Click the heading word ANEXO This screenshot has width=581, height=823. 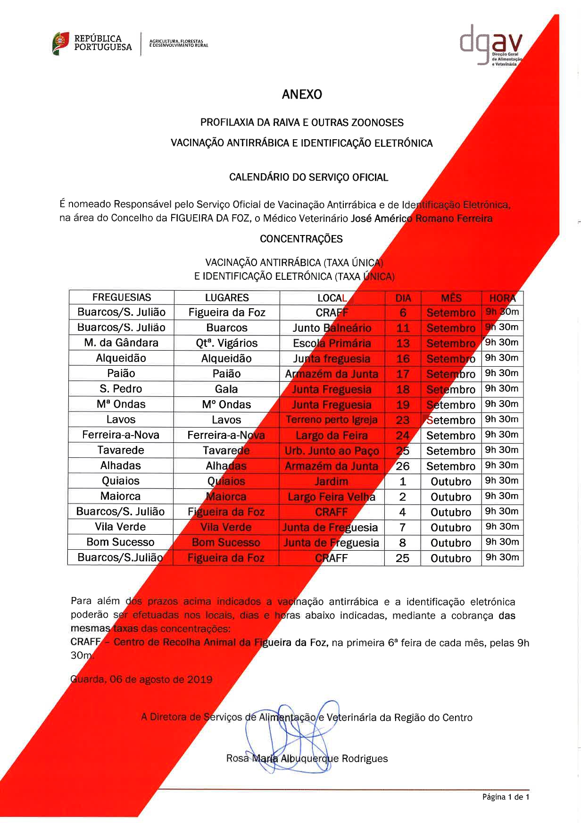[x=302, y=94]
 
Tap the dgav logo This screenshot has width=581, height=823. [x=490, y=45]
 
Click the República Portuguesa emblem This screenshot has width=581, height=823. [x=61, y=43]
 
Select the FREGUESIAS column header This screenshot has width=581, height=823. [x=122, y=297]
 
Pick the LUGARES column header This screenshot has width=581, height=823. [x=227, y=298]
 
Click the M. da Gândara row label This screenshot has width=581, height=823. [x=121, y=343]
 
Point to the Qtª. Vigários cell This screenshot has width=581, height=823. [x=227, y=343]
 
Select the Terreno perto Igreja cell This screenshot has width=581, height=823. [x=332, y=420]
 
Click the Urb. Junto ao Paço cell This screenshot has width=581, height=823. [x=332, y=451]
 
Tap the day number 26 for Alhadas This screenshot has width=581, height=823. [x=403, y=466]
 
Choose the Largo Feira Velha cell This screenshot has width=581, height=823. [x=332, y=497]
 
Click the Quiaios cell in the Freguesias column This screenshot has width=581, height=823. [x=121, y=481]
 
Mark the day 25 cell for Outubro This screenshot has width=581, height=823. [x=403, y=558]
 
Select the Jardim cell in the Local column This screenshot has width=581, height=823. [x=332, y=481]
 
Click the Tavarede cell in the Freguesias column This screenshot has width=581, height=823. [x=121, y=450]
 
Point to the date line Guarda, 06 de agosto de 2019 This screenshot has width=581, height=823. [x=141, y=680]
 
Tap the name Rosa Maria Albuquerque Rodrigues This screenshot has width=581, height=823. [x=307, y=758]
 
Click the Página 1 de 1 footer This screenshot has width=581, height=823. [x=506, y=797]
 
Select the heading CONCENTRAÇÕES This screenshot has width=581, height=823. [x=301, y=239]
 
